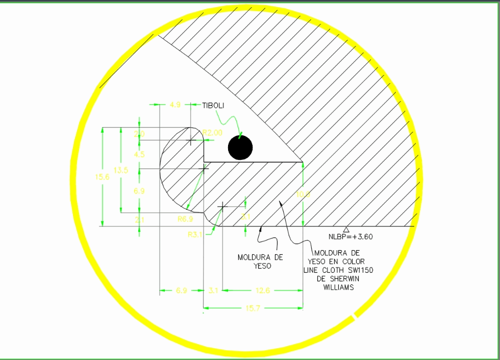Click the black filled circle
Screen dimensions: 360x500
click(240, 148)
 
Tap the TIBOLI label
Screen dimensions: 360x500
click(213, 105)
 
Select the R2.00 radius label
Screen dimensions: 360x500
click(212, 133)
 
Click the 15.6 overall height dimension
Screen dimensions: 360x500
click(103, 177)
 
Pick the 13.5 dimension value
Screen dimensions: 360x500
click(121, 170)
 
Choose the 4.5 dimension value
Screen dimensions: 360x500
click(139, 154)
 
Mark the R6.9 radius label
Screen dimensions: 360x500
click(184, 219)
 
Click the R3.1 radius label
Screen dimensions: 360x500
click(195, 235)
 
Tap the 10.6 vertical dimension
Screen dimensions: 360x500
click(303, 194)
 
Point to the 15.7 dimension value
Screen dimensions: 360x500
click(253, 308)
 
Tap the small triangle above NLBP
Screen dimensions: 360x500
click(346, 229)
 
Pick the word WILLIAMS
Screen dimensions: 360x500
click(339, 287)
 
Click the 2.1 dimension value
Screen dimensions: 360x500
click(139, 219)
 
